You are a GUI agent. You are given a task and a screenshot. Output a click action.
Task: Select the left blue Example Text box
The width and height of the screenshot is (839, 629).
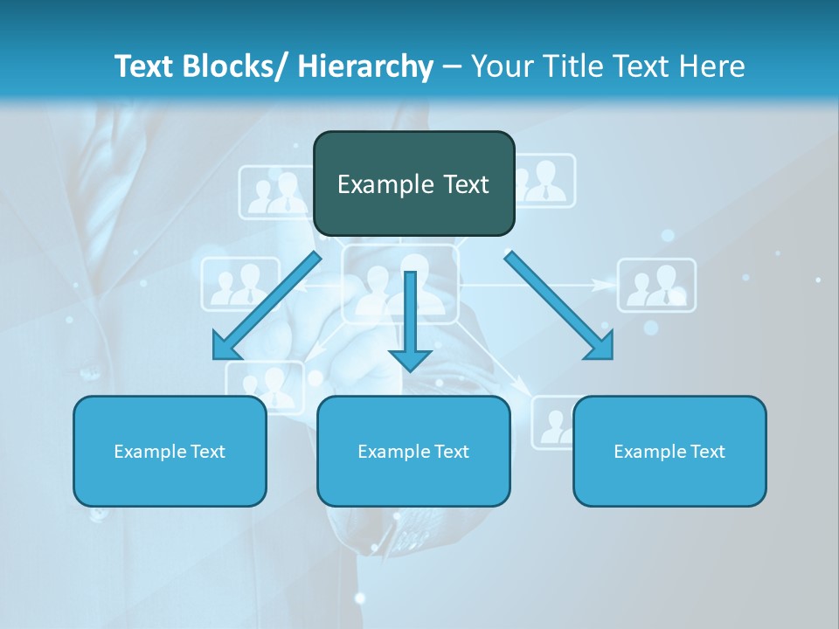tap(170, 451)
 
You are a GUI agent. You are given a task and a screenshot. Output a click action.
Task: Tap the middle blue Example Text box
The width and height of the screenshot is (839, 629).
tap(413, 451)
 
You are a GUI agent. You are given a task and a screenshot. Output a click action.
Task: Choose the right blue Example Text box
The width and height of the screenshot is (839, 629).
tap(669, 451)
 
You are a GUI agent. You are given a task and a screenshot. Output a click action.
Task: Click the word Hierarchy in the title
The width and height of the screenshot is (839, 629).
tap(365, 66)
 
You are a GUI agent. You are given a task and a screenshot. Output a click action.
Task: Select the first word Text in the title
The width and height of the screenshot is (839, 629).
tap(145, 66)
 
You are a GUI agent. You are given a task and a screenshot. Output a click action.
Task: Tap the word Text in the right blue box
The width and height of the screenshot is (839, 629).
tap(706, 451)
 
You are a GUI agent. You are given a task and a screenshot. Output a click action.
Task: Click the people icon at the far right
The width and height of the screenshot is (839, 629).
tap(657, 285)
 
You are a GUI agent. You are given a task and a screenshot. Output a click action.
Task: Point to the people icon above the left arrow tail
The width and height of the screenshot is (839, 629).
tap(234, 284)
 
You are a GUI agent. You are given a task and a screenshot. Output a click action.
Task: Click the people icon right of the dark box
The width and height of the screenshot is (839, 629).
tap(547, 182)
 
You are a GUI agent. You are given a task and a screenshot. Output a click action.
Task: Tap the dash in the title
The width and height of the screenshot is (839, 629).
tap(452, 66)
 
